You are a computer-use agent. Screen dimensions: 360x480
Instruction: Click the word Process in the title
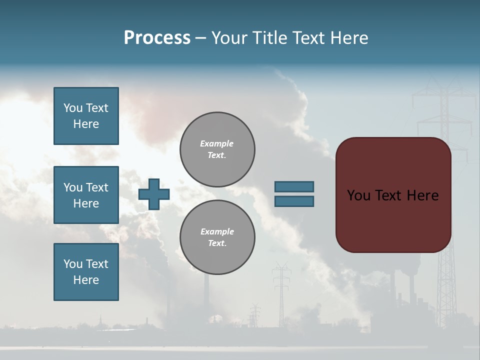(x=157, y=38)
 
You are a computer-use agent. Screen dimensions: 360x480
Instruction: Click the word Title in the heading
(x=269, y=38)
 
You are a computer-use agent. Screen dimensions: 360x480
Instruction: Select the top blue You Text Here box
(x=86, y=116)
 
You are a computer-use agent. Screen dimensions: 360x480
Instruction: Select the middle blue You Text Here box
(x=86, y=195)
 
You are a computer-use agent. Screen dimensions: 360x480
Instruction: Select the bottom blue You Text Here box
(x=86, y=272)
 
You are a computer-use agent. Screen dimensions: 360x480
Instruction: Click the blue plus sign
(x=154, y=194)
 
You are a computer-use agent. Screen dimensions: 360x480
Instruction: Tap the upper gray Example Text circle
(x=217, y=149)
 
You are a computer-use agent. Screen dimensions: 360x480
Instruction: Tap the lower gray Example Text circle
(x=217, y=237)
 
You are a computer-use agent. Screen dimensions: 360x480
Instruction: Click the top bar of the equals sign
(x=294, y=186)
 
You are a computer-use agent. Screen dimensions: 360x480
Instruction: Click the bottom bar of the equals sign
(x=294, y=201)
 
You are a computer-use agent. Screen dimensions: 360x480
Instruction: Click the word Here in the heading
(x=348, y=38)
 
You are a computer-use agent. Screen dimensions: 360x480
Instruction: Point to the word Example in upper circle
(x=217, y=143)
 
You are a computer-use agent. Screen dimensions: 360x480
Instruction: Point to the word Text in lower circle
(x=217, y=243)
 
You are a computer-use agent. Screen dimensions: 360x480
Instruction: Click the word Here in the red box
(x=423, y=195)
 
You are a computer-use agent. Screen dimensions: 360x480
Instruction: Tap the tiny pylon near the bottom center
(x=255, y=315)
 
